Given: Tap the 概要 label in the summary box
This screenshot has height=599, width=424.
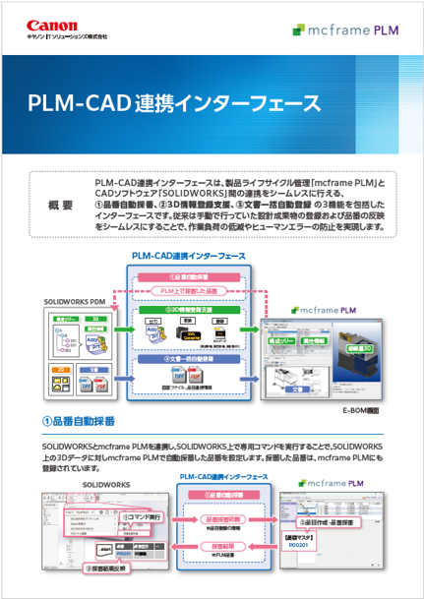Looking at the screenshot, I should click(x=60, y=206).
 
